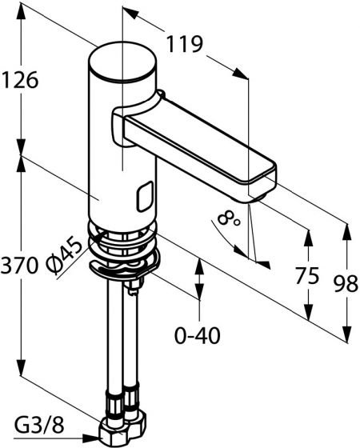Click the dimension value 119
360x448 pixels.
(x=184, y=44)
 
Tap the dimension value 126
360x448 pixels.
(x=20, y=80)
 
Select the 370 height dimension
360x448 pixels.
(x=19, y=265)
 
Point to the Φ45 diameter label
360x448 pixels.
(x=63, y=254)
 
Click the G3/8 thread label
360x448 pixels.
(x=39, y=427)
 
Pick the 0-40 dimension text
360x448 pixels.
(x=198, y=335)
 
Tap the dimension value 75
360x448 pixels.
(x=307, y=276)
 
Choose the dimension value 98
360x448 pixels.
(x=346, y=284)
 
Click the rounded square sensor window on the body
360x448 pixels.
(x=145, y=196)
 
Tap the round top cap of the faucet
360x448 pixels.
(x=123, y=61)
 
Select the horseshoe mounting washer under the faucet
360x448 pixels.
(x=124, y=266)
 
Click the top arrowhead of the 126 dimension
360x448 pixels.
(x=21, y=11)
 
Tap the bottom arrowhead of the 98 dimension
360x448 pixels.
(x=346, y=334)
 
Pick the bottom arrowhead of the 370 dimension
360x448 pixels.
(x=21, y=368)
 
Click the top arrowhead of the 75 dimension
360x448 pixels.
(x=308, y=238)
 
